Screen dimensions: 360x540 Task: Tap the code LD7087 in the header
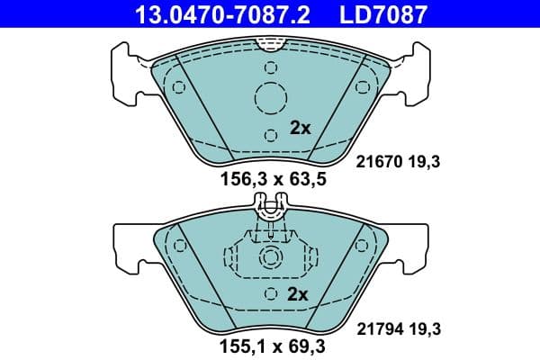pos(382,14)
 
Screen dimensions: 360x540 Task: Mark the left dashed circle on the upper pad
pos(178,87)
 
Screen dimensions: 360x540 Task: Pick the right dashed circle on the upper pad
pos(363,87)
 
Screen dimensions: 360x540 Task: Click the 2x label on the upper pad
pos(300,128)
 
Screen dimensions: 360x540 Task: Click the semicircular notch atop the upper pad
pos(270,41)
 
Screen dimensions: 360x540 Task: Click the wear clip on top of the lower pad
pos(270,211)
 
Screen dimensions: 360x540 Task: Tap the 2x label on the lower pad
pos(298,295)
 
